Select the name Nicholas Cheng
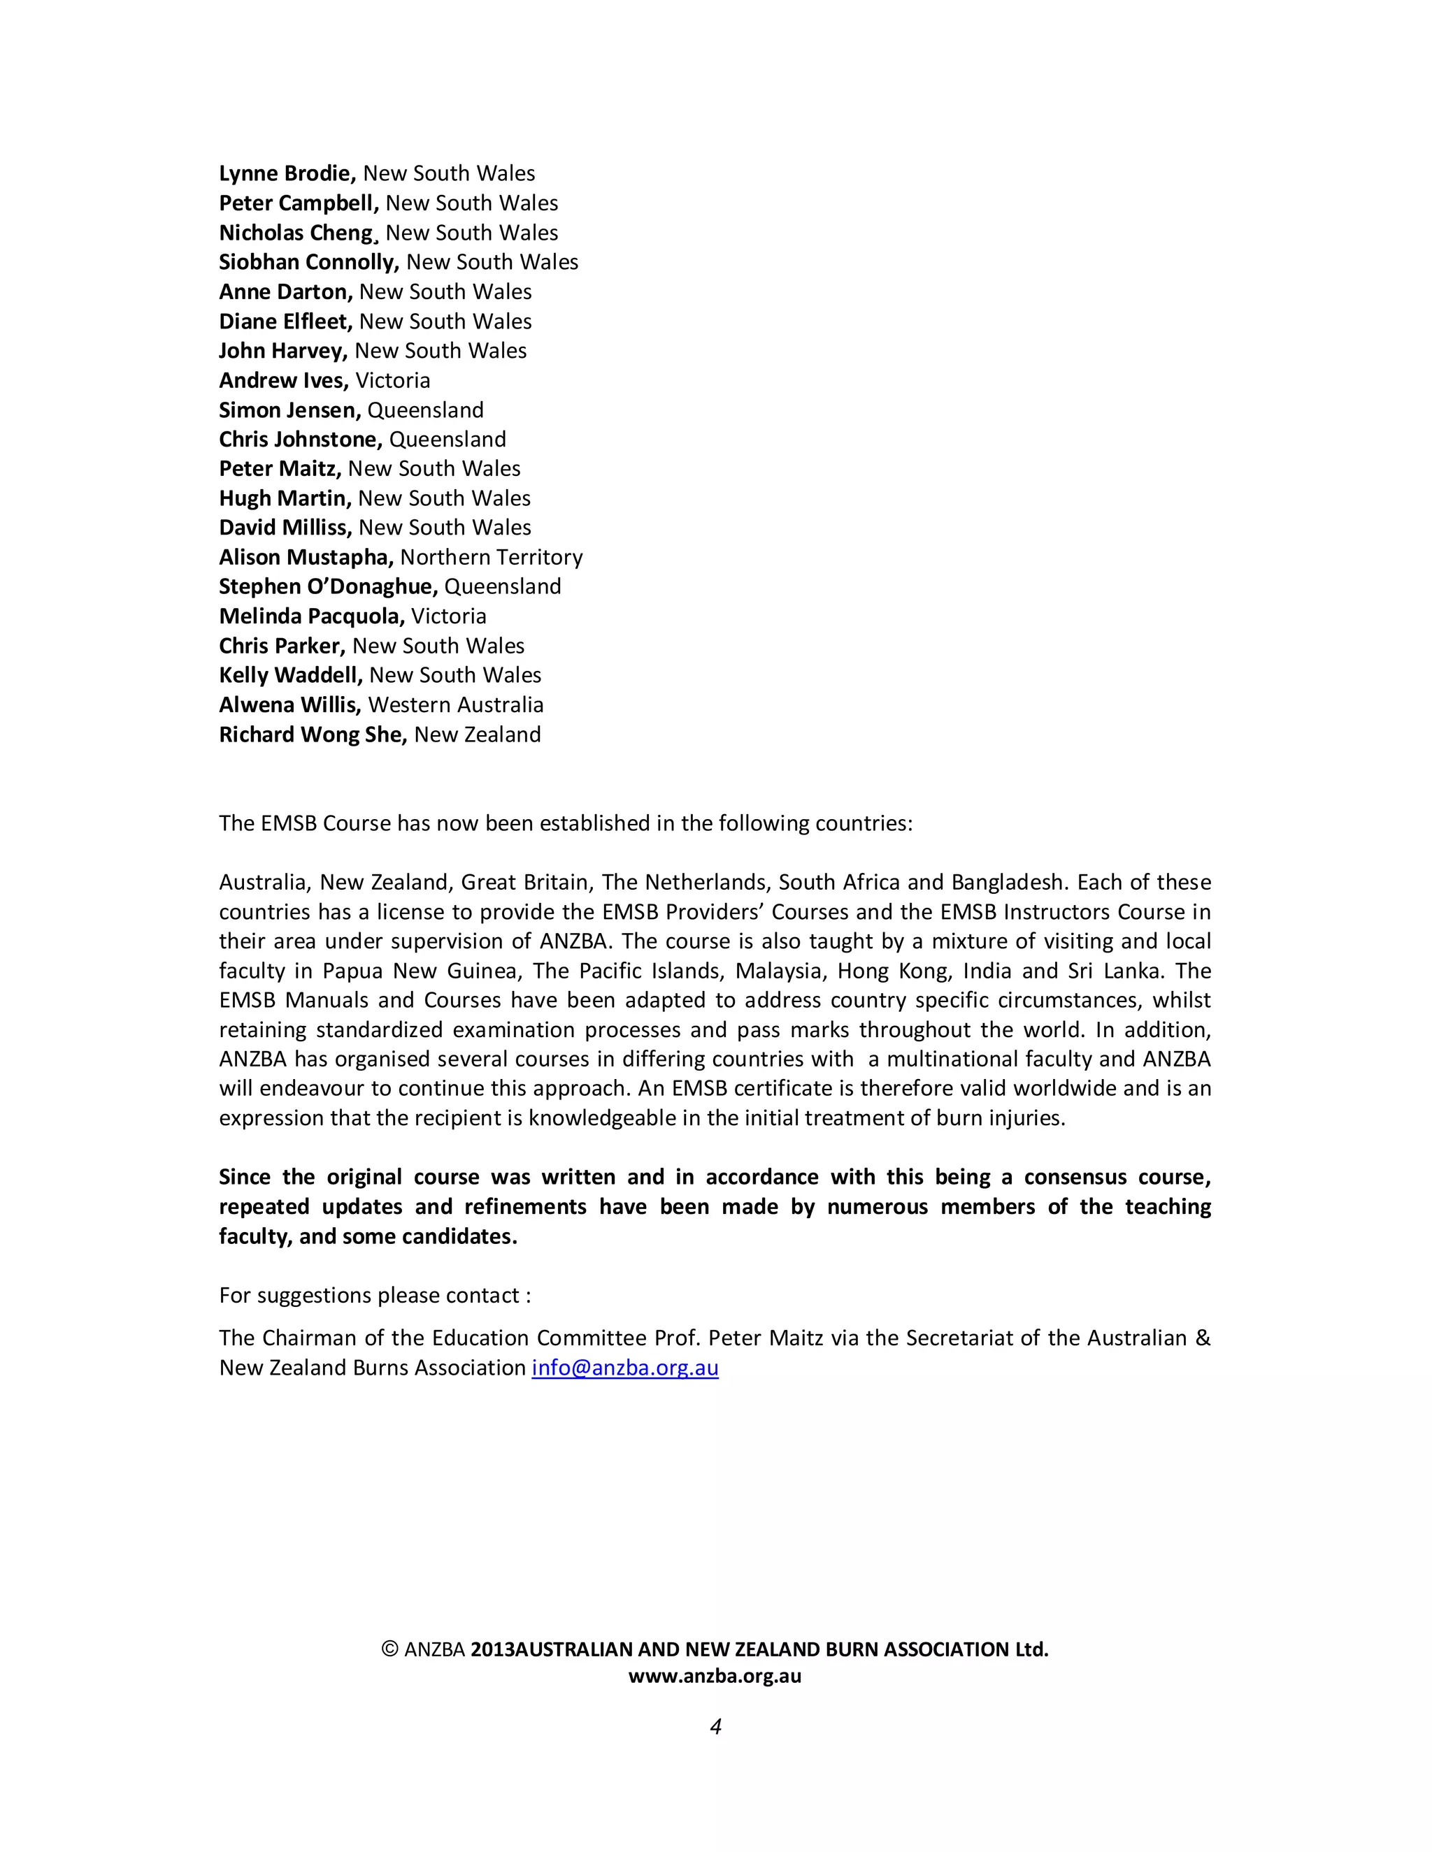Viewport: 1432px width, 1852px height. (x=296, y=233)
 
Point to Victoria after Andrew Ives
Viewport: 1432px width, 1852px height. (x=393, y=381)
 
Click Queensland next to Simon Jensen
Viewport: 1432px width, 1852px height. (x=425, y=410)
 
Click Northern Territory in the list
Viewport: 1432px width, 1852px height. (x=491, y=558)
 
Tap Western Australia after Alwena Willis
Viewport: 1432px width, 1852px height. (x=456, y=706)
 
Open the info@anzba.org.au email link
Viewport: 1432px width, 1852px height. (x=625, y=1368)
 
